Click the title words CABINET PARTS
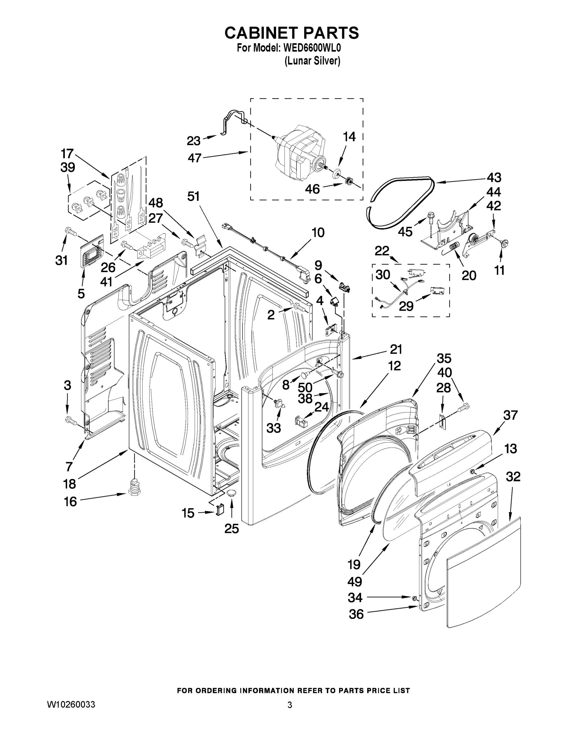click(x=291, y=33)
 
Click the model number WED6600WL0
click(x=312, y=48)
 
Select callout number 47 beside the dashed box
click(x=194, y=158)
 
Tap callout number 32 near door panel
click(x=513, y=476)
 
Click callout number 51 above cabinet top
click(x=193, y=196)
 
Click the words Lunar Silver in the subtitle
click(x=312, y=61)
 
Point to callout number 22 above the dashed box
click(x=382, y=251)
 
